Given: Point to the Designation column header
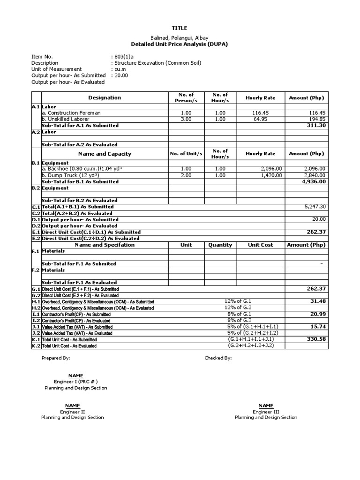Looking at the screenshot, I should (x=105, y=98).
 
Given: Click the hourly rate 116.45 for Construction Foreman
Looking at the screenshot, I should (x=261, y=113).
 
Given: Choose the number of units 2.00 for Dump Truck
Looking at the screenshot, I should (x=186, y=175).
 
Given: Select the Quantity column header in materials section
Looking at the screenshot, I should (x=220, y=245).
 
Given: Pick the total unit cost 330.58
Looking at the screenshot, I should (x=316, y=339).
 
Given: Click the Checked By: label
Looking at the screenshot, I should (x=218, y=358).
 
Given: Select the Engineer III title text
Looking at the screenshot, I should (x=266, y=412).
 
